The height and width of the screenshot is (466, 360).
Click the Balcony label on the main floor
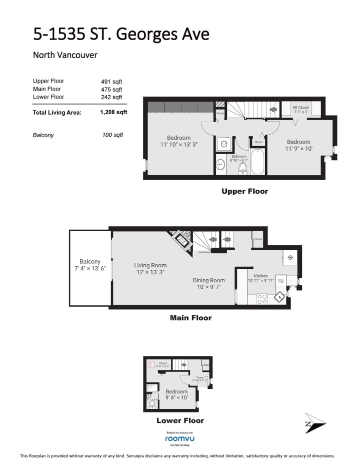(90, 261)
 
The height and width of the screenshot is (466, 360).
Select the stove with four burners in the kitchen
(261, 299)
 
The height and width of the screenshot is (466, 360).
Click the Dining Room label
(208, 280)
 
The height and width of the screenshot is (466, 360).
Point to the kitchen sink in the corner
(278, 297)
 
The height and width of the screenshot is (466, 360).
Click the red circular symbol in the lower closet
(149, 366)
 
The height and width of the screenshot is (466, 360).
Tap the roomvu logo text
(179, 439)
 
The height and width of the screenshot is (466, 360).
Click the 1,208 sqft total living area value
(113, 113)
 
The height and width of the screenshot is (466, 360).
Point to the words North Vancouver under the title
(64, 55)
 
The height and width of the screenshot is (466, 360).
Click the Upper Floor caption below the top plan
(244, 191)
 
